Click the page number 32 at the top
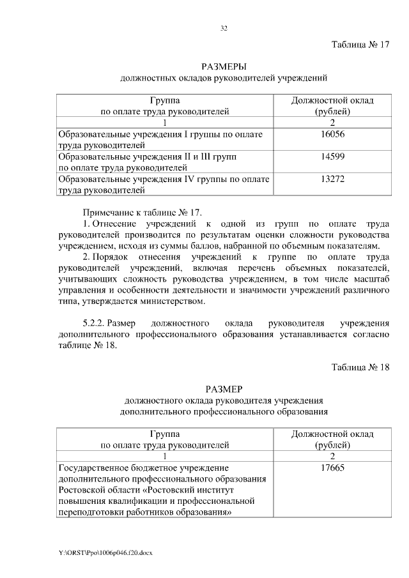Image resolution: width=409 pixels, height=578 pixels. coord(224,28)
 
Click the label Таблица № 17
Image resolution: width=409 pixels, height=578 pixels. coord(360,45)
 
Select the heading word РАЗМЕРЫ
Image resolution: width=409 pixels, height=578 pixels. coord(224,67)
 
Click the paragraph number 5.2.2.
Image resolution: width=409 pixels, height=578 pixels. coord(96,323)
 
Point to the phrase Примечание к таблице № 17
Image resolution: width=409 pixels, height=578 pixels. coord(142,212)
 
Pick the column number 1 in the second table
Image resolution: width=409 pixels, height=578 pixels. coord(165,457)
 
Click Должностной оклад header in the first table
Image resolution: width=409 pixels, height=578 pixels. coord(332,100)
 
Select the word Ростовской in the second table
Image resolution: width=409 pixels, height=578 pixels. coord(82,491)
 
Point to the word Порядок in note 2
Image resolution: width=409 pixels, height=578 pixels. coord(109,256)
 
